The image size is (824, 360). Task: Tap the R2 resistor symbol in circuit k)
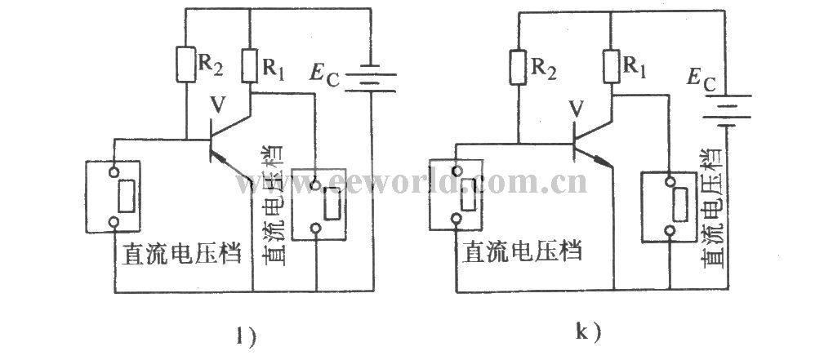point(517,68)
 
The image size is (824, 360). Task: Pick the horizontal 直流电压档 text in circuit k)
point(523,251)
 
